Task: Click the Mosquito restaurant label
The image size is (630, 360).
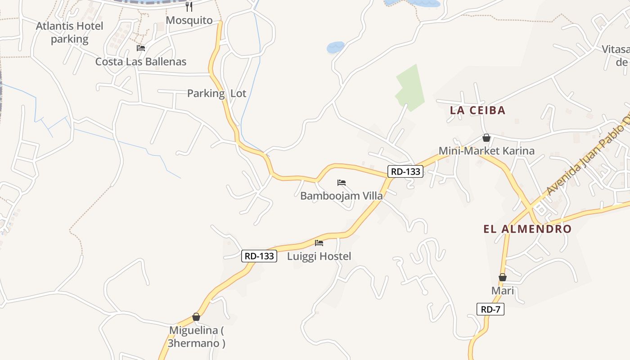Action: click(x=189, y=20)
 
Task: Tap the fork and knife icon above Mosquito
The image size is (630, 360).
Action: click(x=189, y=6)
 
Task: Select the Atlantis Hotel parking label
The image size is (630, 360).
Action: click(x=69, y=32)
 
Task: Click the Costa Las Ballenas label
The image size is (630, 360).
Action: click(x=140, y=62)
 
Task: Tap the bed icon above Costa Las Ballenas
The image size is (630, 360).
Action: click(x=141, y=48)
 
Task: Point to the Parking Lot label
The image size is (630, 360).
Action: click(x=216, y=94)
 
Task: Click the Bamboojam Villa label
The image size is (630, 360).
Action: click(x=341, y=196)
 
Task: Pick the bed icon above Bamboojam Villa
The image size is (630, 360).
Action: click(x=342, y=182)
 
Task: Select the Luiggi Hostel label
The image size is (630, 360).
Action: click(x=319, y=256)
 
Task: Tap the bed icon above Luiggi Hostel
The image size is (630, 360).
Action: click(x=319, y=243)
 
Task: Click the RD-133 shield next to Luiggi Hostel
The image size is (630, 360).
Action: click(x=259, y=256)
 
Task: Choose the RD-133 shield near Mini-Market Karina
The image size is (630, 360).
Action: click(x=405, y=171)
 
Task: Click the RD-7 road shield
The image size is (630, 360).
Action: click(x=490, y=309)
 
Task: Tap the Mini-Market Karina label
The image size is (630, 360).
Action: click(x=486, y=151)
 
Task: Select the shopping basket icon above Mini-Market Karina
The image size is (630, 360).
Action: click(x=486, y=138)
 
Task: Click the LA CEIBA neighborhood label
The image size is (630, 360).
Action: click(x=477, y=110)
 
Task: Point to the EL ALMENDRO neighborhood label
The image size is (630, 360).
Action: click(x=527, y=229)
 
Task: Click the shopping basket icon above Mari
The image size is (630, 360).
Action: click(x=502, y=277)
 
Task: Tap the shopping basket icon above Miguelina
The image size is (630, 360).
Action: click(x=196, y=317)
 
